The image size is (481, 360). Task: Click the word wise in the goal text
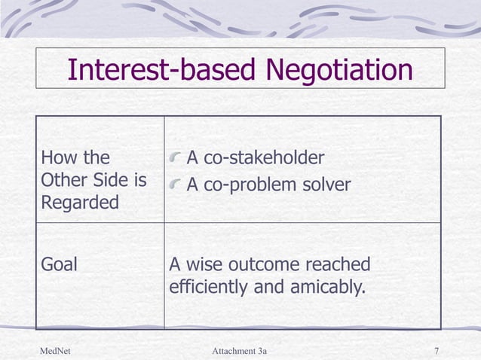click(201, 265)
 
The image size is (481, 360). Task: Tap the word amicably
click(323, 287)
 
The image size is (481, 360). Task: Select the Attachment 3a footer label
click(240, 351)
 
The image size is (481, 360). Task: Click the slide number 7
click(437, 351)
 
